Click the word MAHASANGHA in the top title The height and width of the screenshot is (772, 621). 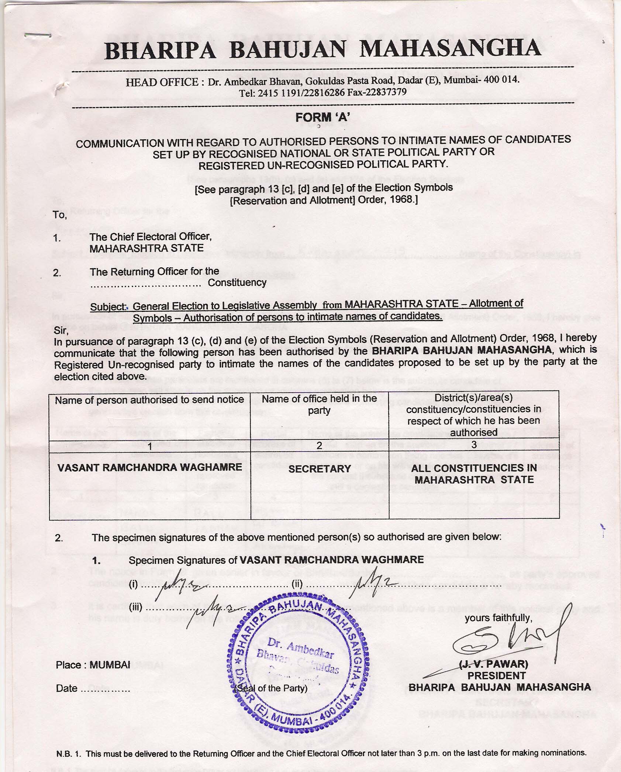450,49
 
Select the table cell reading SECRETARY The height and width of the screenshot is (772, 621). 319,469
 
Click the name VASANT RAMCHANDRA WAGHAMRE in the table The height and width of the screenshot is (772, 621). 150,467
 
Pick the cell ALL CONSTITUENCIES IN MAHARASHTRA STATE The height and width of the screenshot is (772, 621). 474,474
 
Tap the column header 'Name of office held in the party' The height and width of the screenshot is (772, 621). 319,404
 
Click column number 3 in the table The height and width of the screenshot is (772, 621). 474,445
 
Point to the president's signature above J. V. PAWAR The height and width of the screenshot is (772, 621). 507,639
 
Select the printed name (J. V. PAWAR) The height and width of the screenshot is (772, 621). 493,664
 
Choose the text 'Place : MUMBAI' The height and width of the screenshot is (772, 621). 93,665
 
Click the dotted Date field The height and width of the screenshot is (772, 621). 105,688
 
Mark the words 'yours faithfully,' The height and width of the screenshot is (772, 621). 498,618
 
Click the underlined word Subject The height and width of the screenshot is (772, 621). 109,307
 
